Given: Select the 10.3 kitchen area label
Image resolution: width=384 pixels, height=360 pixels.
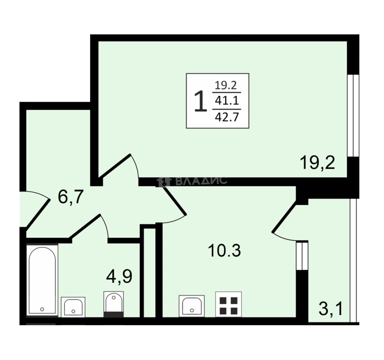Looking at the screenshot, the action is coord(224,250).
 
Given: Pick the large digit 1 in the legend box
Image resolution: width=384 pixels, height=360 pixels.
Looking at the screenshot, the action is coord(200,101).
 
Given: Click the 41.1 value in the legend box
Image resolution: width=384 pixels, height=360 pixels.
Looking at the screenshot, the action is coord(227,101).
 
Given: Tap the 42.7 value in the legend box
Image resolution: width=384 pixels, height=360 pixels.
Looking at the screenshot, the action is coord(227,117).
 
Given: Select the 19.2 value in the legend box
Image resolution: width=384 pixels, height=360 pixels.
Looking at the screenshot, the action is coord(226,85).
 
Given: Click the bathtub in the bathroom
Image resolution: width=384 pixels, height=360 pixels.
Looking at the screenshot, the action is coord(42,280).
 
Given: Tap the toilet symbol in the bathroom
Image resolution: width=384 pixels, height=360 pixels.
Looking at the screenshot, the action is coord(114,304).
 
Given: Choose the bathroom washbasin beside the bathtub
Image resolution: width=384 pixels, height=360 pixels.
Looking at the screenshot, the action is coord(73,307).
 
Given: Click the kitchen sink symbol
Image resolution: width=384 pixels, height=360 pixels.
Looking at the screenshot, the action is coord(191,306).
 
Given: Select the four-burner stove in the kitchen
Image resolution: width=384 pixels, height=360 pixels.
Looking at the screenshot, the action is coord(229,304).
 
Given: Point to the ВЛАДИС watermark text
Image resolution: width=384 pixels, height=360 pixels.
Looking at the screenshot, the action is coord(201,181).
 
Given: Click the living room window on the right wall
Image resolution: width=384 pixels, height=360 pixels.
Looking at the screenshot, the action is coord(353,116).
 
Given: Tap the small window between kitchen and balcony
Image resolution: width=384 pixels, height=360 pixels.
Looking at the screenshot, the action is coord(302,256).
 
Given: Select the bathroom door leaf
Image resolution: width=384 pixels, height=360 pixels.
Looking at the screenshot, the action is coord(85,226).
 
